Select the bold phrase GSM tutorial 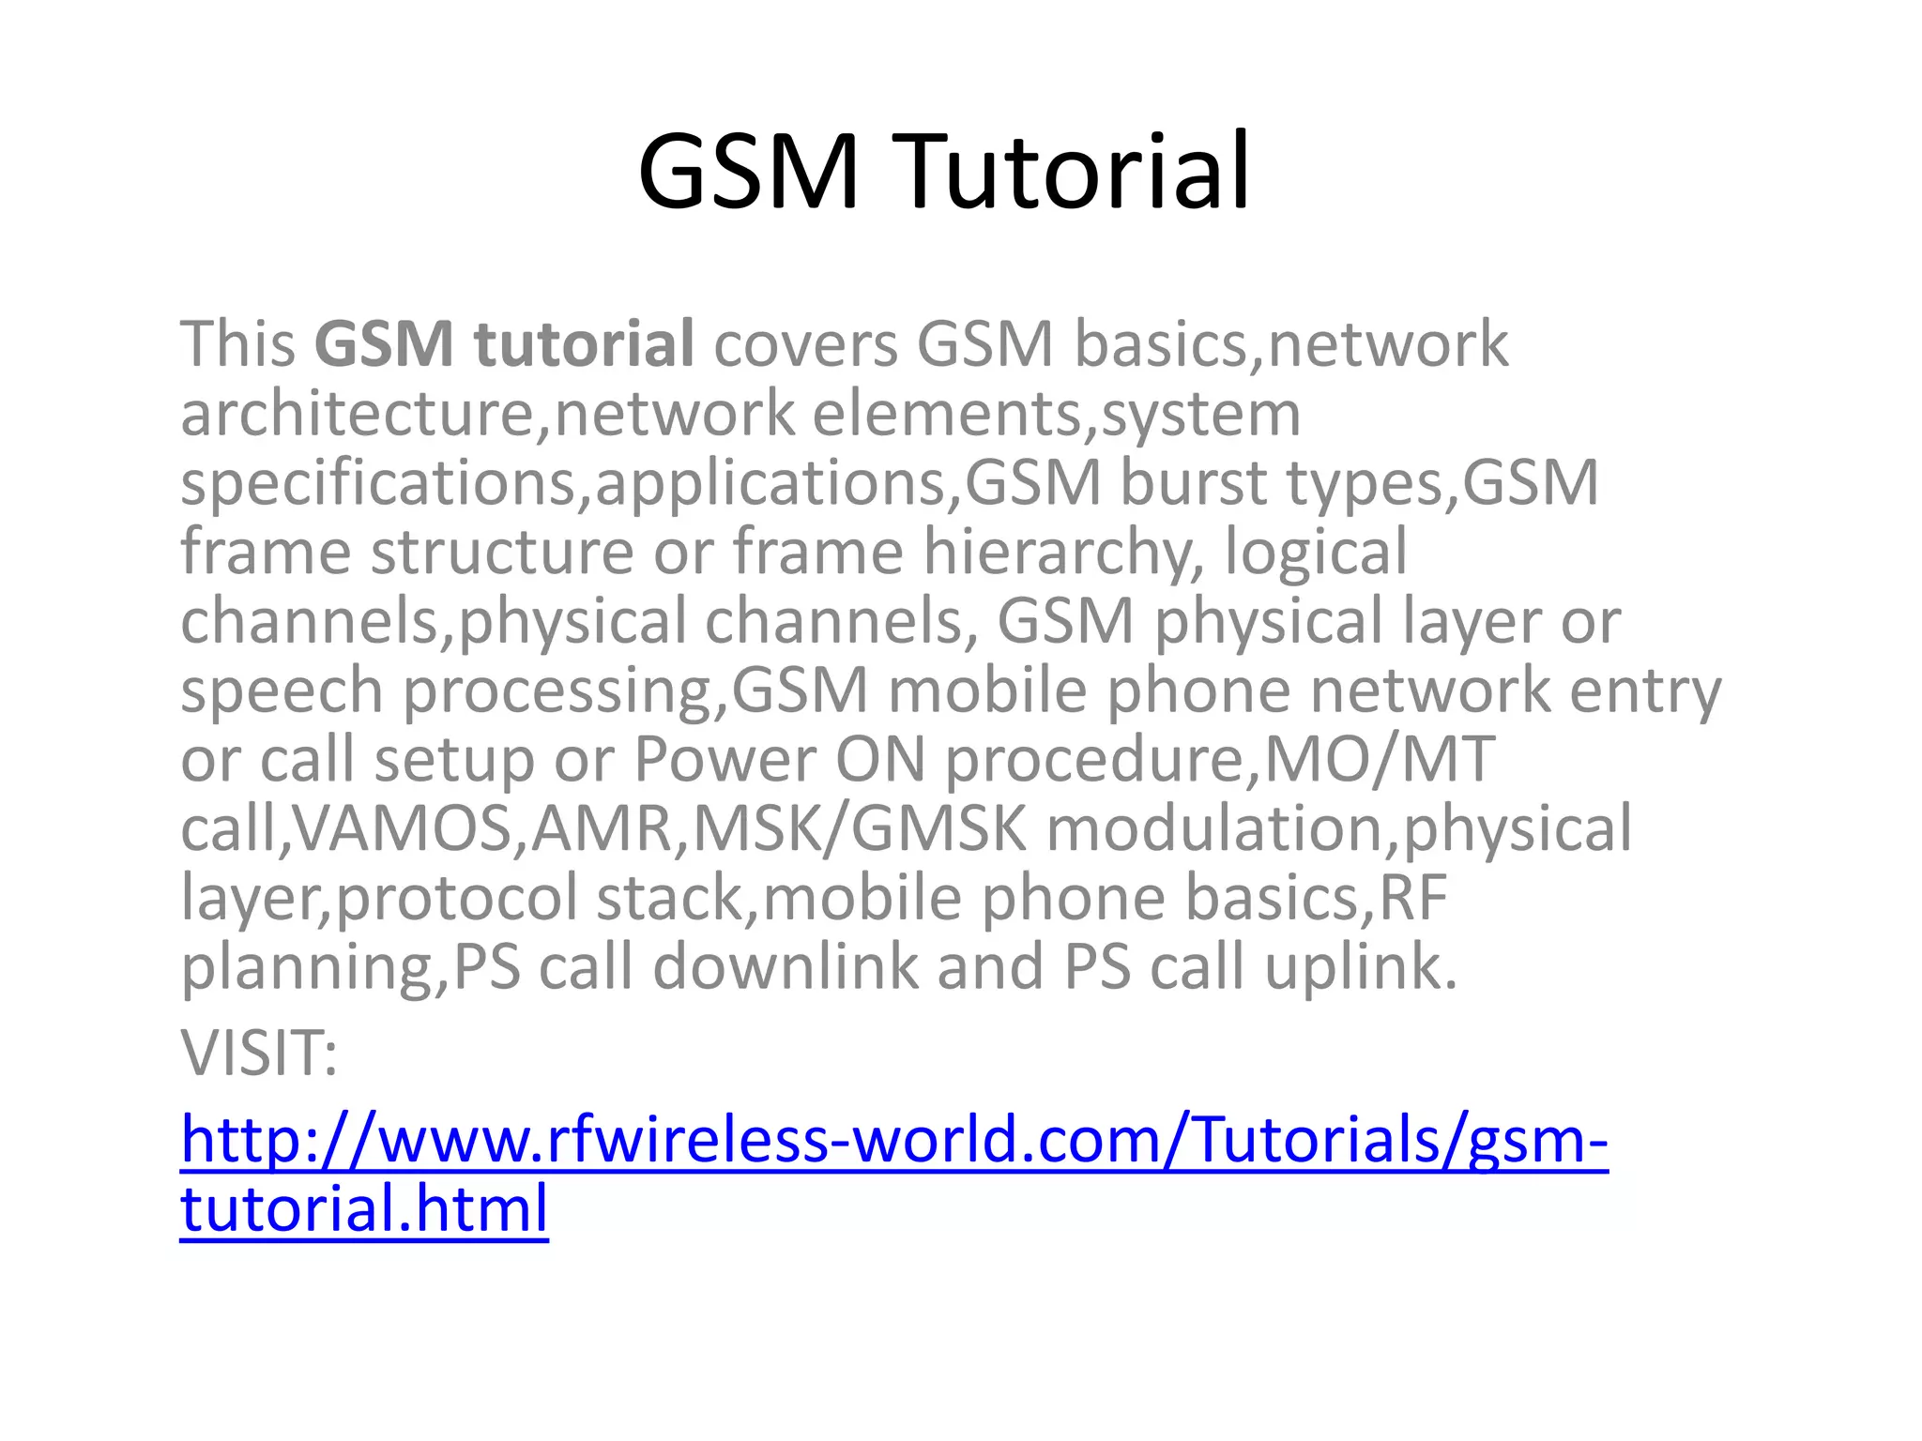click(504, 344)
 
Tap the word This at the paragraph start click(238, 344)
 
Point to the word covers click(805, 344)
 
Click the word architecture click(357, 414)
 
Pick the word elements click(947, 414)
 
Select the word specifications click(378, 483)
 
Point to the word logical click(1316, 553)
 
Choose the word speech click(282, 690)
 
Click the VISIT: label click(259, 1054)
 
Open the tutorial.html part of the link click(364, 1208)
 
